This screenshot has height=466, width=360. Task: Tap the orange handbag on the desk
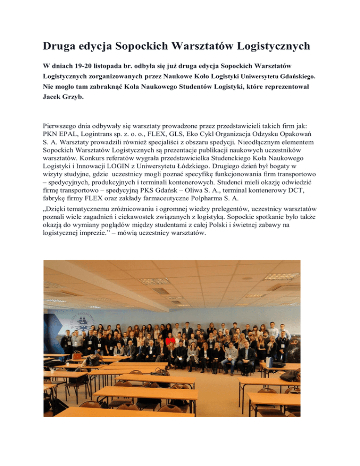coord(77,355)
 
